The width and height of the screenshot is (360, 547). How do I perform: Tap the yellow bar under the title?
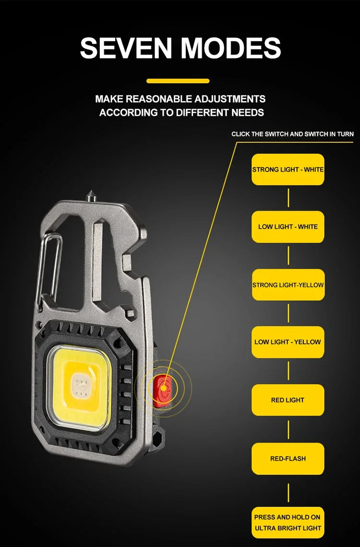pyautogui.click(x=178, y=81)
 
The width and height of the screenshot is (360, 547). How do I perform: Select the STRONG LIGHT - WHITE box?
pyautogui.click(x=288, y=170)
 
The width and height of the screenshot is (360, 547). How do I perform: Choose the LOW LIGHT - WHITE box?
pyautogui.click(x=288, y=227)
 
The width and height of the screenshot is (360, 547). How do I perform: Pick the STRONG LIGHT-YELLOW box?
pyautogui.click(x=288, y=285)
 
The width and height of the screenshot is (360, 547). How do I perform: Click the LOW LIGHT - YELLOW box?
pyautogui.click(x=288, y=342)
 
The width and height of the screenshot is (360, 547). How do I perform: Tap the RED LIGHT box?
pyautogui.click(x=288, y=400)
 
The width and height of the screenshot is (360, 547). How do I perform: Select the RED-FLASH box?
pyautogui.click(x=288, y=459)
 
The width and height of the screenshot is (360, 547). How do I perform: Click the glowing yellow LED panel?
pyautogui.click(x=80, y=384)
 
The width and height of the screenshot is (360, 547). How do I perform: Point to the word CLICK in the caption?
pyautogui.click(x=241, y=134)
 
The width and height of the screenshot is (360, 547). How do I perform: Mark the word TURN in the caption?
pyautogui.click(x=345, y=134)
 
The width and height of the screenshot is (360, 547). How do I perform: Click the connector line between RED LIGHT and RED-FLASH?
pyautogui.click(x=288, y=429)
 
